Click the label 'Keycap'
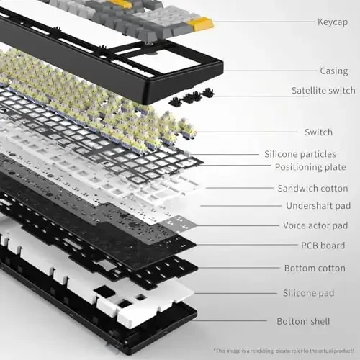tap(333, 22)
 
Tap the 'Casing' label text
tap(334, 71)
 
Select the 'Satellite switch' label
tap(323, 90)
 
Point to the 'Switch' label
tap(318, 132)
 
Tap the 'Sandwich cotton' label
tap(312, 189)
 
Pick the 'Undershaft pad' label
tap(314, 207)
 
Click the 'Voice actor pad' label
tap(315, 225)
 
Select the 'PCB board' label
tap(323, 246)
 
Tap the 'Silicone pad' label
tap(319, 293)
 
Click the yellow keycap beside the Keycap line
tap(203, 25)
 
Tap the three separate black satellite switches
tap(191, 97)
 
